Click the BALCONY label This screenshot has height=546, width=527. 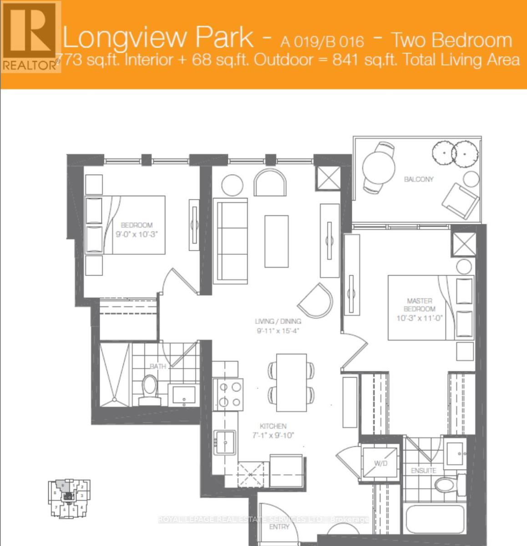point(419,179)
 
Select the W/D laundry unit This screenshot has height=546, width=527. point(380,463)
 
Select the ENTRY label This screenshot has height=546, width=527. point(279,527)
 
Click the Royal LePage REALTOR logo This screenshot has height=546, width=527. point(30,36)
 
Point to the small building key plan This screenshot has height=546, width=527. point(69,498)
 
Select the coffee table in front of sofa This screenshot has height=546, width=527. point(276,242)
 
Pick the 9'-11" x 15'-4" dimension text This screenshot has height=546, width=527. point(278,331)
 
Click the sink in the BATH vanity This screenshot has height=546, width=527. point(184,395)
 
